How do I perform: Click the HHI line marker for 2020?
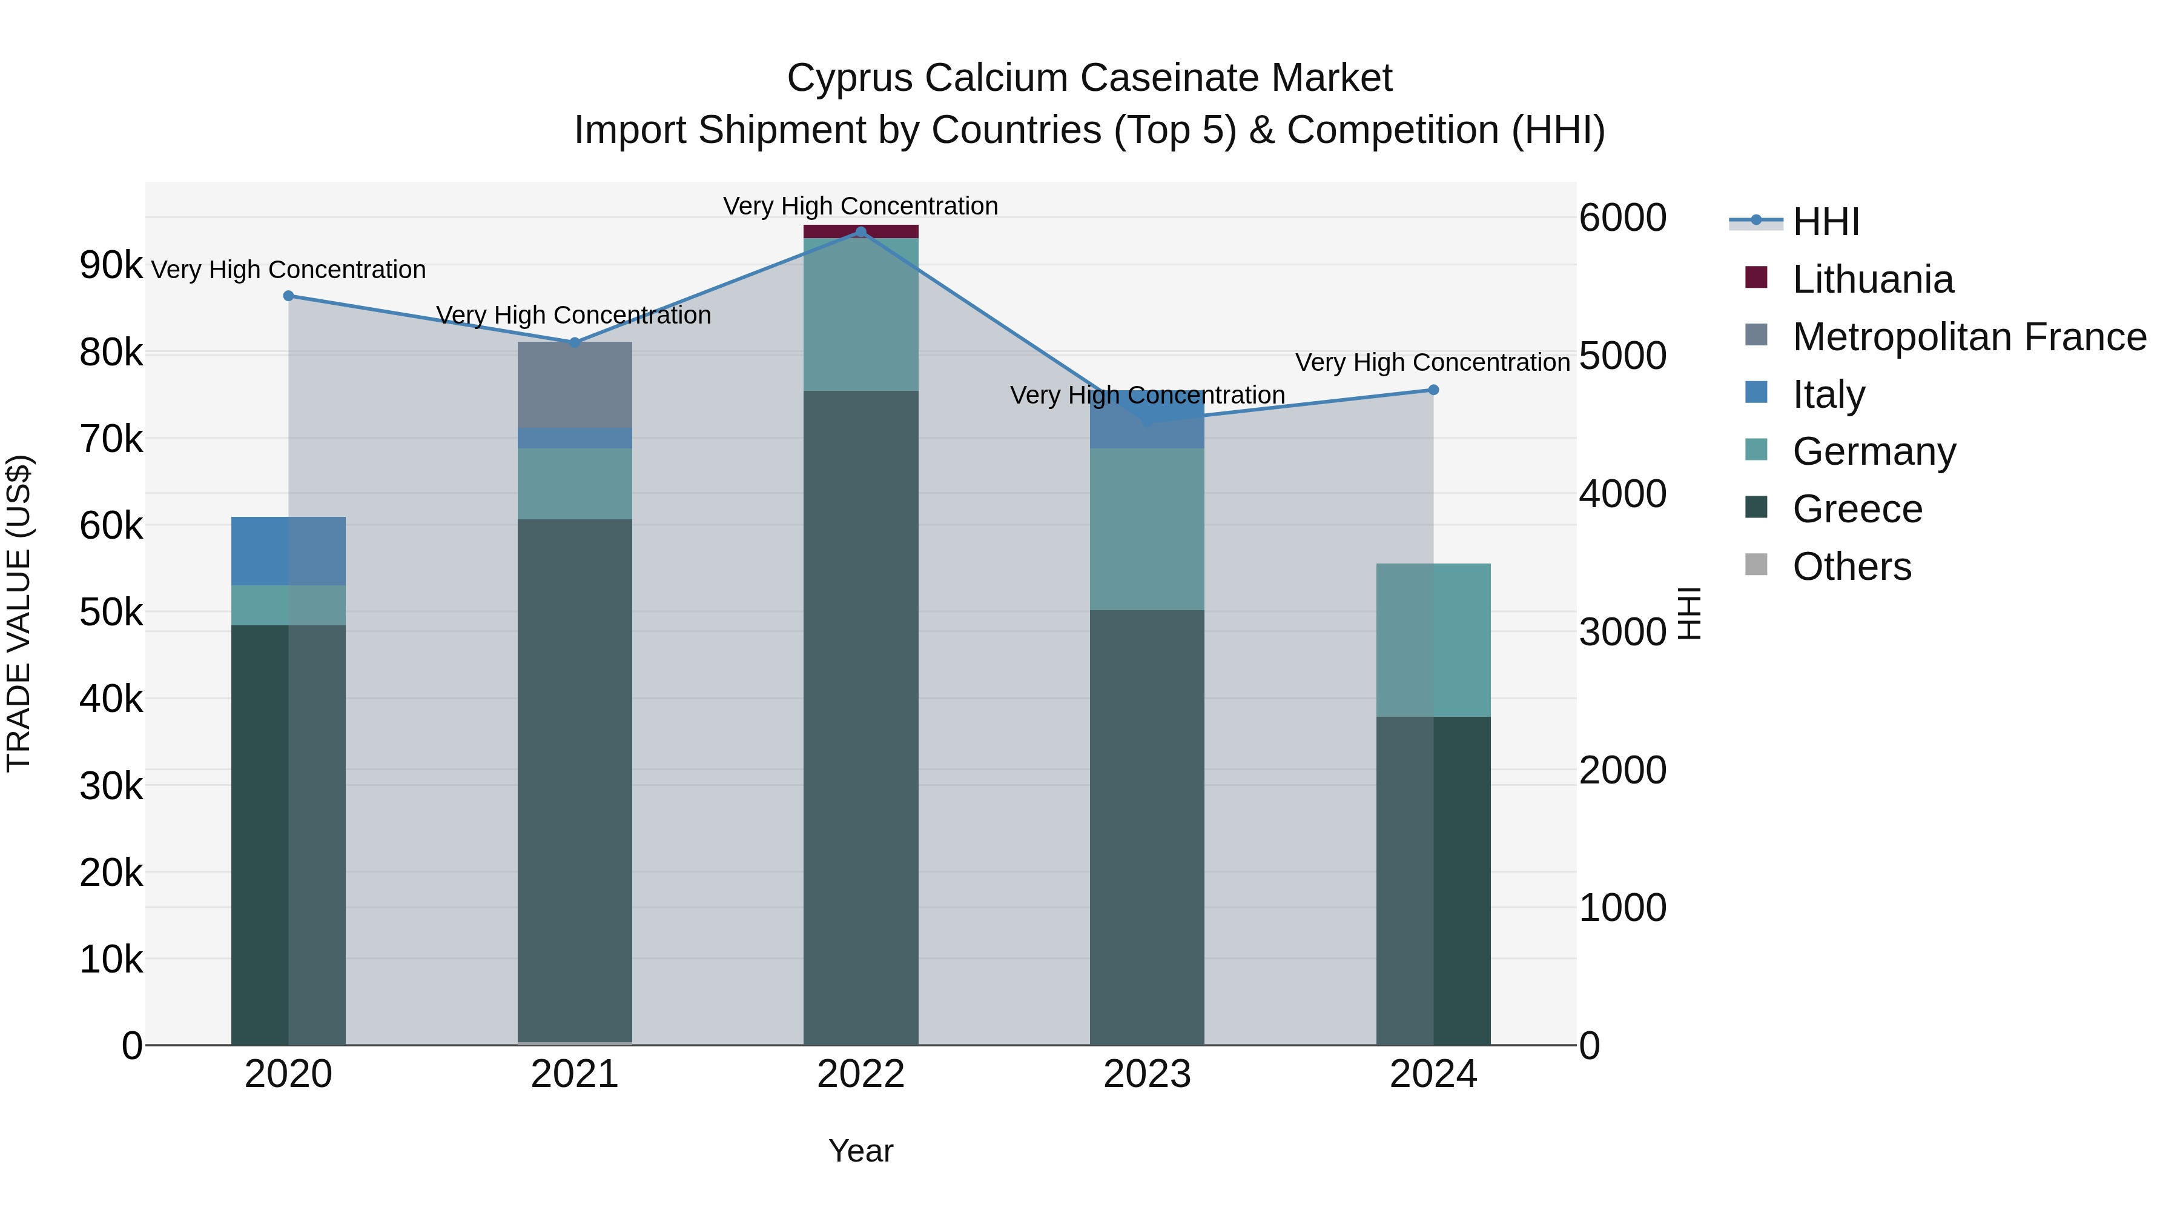[x=289, y=296]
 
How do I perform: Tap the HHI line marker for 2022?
[x=860, y=232]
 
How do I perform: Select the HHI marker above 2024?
[x=1433, y=390]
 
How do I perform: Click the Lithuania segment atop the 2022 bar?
[x=860, y=231]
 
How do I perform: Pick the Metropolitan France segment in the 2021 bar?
[x=575, y=385]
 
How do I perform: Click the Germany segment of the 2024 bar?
[x=1433, y=639]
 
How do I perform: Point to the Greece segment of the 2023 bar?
[x=1147, y=826]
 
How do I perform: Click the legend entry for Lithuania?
[x=1873, y=279]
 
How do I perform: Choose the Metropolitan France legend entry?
[x=1969, y=337]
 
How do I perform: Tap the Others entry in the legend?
[x=1852, y=567]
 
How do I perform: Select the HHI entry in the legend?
[x=1825, y=222]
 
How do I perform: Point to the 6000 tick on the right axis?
[x=1622, y=218]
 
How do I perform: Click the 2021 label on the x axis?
[x=575, y=1074]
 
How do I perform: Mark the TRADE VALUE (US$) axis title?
[x=19, y=613]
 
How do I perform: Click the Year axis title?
[x=860, y=1151]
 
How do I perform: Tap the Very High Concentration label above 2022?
[x=860, y=206]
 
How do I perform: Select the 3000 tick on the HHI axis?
[x=1622, y=632]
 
